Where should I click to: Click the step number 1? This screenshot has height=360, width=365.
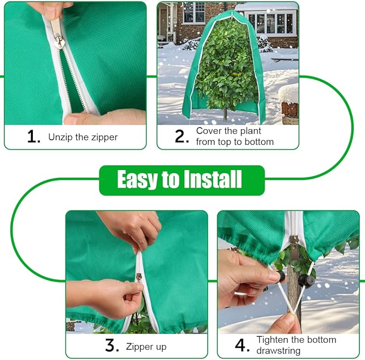pos(33,137)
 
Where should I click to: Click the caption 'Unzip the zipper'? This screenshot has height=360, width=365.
pos(83,137)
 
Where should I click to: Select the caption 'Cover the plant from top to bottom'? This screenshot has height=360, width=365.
pos(234,137)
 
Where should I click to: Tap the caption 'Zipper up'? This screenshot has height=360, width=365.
pos(146,347)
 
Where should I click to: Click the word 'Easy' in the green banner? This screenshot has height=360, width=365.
pos(140,180)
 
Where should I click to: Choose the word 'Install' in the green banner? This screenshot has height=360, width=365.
pos(215,180)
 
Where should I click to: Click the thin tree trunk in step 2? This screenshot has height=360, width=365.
pos(224,114)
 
